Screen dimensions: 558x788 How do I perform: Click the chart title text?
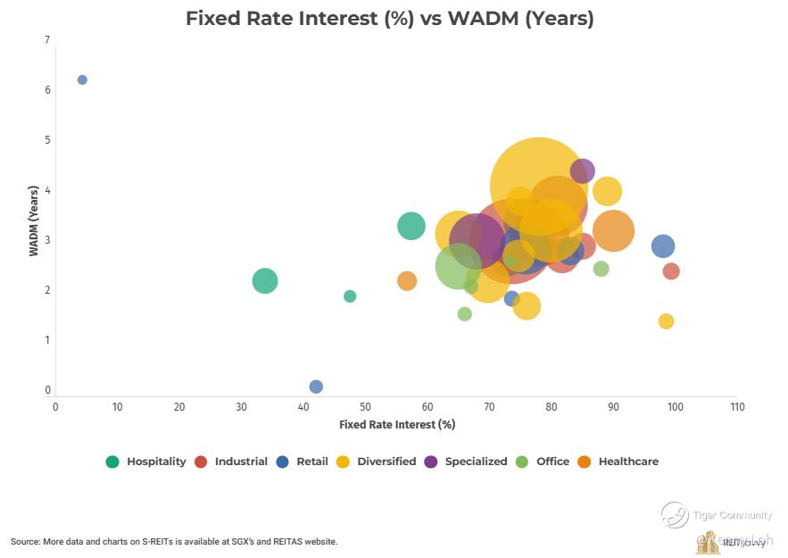click(389, 18)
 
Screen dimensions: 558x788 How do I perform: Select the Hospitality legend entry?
click(146, 462)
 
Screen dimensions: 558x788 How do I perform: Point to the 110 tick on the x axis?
click(736, 406)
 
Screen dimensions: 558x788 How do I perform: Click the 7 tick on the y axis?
click(46, 40)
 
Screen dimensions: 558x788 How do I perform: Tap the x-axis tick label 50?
click(365, 406)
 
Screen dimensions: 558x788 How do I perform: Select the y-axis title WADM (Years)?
click(34, 221)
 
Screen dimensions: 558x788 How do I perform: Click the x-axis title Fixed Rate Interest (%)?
click(397, 424)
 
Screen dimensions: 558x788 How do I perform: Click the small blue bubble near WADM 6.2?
click(82, 79)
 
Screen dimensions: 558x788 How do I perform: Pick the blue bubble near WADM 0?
click(316, 387)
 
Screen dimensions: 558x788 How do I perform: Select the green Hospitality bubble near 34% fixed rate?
click(264, 281)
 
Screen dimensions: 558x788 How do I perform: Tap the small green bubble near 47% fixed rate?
click(350, 296)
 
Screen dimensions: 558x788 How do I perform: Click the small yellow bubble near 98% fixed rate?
click(666, 321)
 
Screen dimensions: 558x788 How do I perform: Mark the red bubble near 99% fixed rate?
click(671, 271)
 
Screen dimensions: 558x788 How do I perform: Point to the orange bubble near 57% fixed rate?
click(407, 281)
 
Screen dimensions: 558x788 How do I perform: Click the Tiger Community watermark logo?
click(676, 514)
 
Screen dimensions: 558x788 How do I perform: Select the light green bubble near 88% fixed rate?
click(601, 269)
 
